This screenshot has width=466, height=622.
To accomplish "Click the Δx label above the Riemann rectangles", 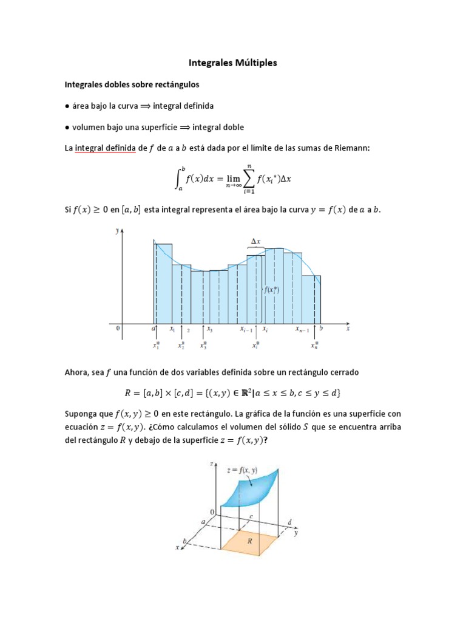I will tap(256, 242).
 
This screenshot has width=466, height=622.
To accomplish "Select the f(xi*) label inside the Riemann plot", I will tap(271, 290).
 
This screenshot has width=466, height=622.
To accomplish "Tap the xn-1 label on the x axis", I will tap(302, 330).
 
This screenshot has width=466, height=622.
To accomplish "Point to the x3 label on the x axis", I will tap(209, 330).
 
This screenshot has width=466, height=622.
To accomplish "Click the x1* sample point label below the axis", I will tap(156, 346).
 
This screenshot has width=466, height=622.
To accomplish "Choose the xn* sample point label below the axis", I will tap(314, 346).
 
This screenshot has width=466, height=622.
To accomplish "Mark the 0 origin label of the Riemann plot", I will tap(119, 329).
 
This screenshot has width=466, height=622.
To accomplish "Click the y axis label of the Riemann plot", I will tap(118, 231).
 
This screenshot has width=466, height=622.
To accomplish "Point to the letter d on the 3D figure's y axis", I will tap(290, 522).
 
